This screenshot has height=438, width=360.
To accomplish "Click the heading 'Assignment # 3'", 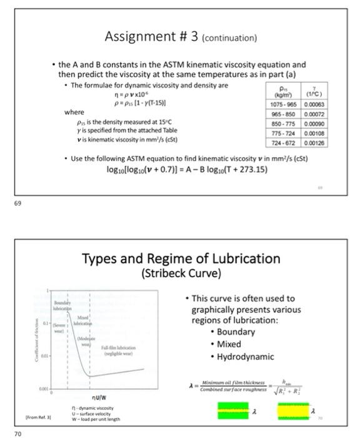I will click(x=147, y=37).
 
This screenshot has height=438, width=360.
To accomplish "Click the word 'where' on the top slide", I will click(x=74, y=112).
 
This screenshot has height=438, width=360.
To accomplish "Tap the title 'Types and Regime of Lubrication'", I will click(x=181, y=258).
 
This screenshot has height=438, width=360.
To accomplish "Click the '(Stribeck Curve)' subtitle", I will click(x=181, y=273).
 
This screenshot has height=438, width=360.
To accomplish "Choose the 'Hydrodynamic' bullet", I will click(x=245, y=356).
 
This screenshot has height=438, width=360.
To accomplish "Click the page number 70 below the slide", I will click(x=19, y=432).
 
